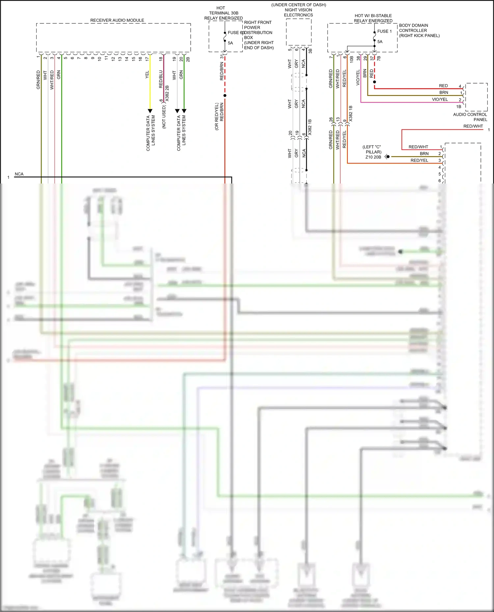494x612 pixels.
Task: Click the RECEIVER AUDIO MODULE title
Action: [x=117, y=20]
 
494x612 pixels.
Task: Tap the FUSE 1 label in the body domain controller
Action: [x=384, y=31]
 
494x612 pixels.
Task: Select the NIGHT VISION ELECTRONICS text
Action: [x=298, y=12]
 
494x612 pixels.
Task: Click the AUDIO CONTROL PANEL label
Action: [x=470, y=117]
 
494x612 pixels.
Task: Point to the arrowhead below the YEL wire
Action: [x=150, y=111]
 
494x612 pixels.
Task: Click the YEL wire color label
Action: [x=147, y=75]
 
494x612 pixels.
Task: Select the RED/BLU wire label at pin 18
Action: [x=161, y=79]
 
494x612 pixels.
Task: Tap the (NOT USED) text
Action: [x=164, y=117]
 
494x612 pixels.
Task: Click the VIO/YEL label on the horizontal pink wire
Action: [x=440, y=99]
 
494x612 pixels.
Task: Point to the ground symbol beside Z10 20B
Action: [x=387, y=157]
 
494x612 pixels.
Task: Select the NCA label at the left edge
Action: [x=19, y=174]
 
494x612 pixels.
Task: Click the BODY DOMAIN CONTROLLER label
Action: [x=419, y=30]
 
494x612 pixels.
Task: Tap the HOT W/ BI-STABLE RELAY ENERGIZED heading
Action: [x=373, y=18]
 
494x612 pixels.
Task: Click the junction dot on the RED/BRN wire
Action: [x=225, y=96]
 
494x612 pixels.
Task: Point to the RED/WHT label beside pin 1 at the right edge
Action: [x=473, y=126]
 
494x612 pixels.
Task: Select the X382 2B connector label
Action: [x=167, y=93]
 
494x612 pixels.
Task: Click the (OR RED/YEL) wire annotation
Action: [x=217, y=116]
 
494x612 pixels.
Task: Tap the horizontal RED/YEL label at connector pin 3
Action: [x=419, y=160]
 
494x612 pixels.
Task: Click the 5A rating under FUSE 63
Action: [x=230, y=43]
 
